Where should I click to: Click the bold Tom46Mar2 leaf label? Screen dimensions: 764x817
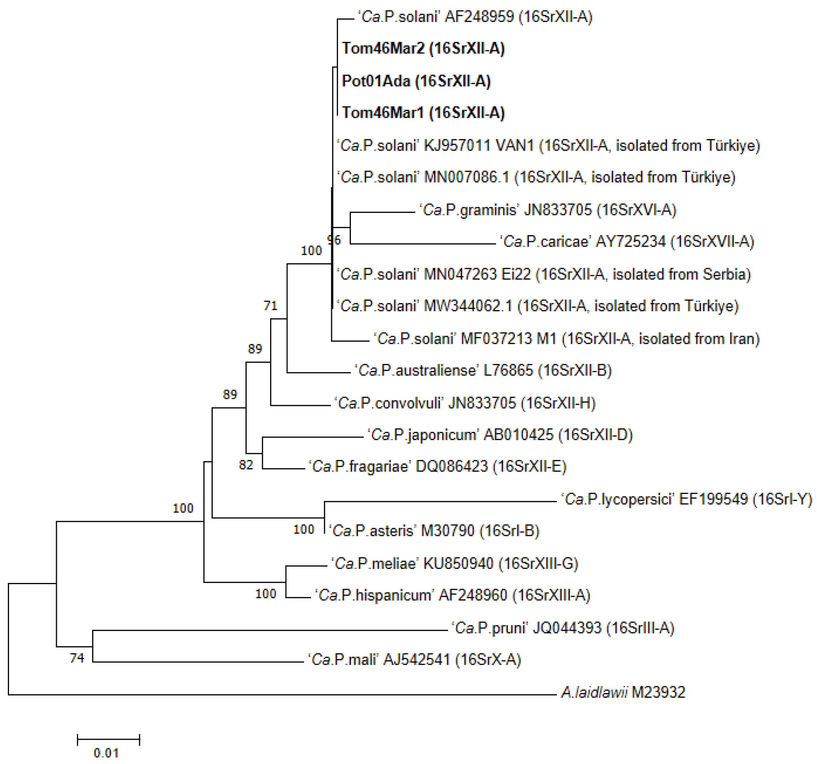coord(423,48)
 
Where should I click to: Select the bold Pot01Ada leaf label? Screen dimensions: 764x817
coord(416,81)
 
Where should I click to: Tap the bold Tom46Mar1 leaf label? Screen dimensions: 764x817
coord(423,113)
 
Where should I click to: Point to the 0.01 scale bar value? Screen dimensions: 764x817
coord(106,753)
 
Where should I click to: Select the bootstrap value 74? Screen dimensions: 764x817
coord(77,658)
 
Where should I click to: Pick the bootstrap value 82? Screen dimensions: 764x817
coord(246,465)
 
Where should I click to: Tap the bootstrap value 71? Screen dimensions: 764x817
coord(271,306)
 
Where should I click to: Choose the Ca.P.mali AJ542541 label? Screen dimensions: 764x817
coord(415,660)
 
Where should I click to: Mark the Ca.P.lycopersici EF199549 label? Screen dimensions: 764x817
coord(686,499)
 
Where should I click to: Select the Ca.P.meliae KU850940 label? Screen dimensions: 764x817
coord(455,563)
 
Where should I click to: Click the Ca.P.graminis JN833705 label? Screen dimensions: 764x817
coord(548,210)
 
